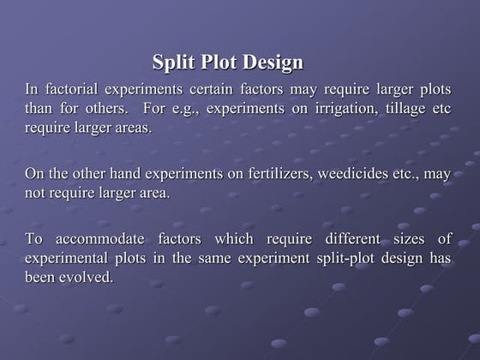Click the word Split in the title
[x=173, y=63]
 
